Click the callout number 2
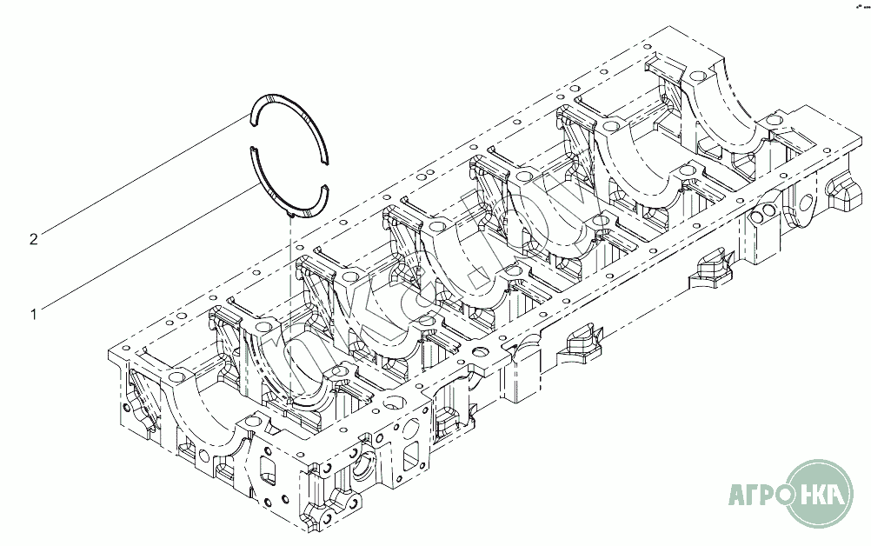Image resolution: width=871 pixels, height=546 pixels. (34, 238)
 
